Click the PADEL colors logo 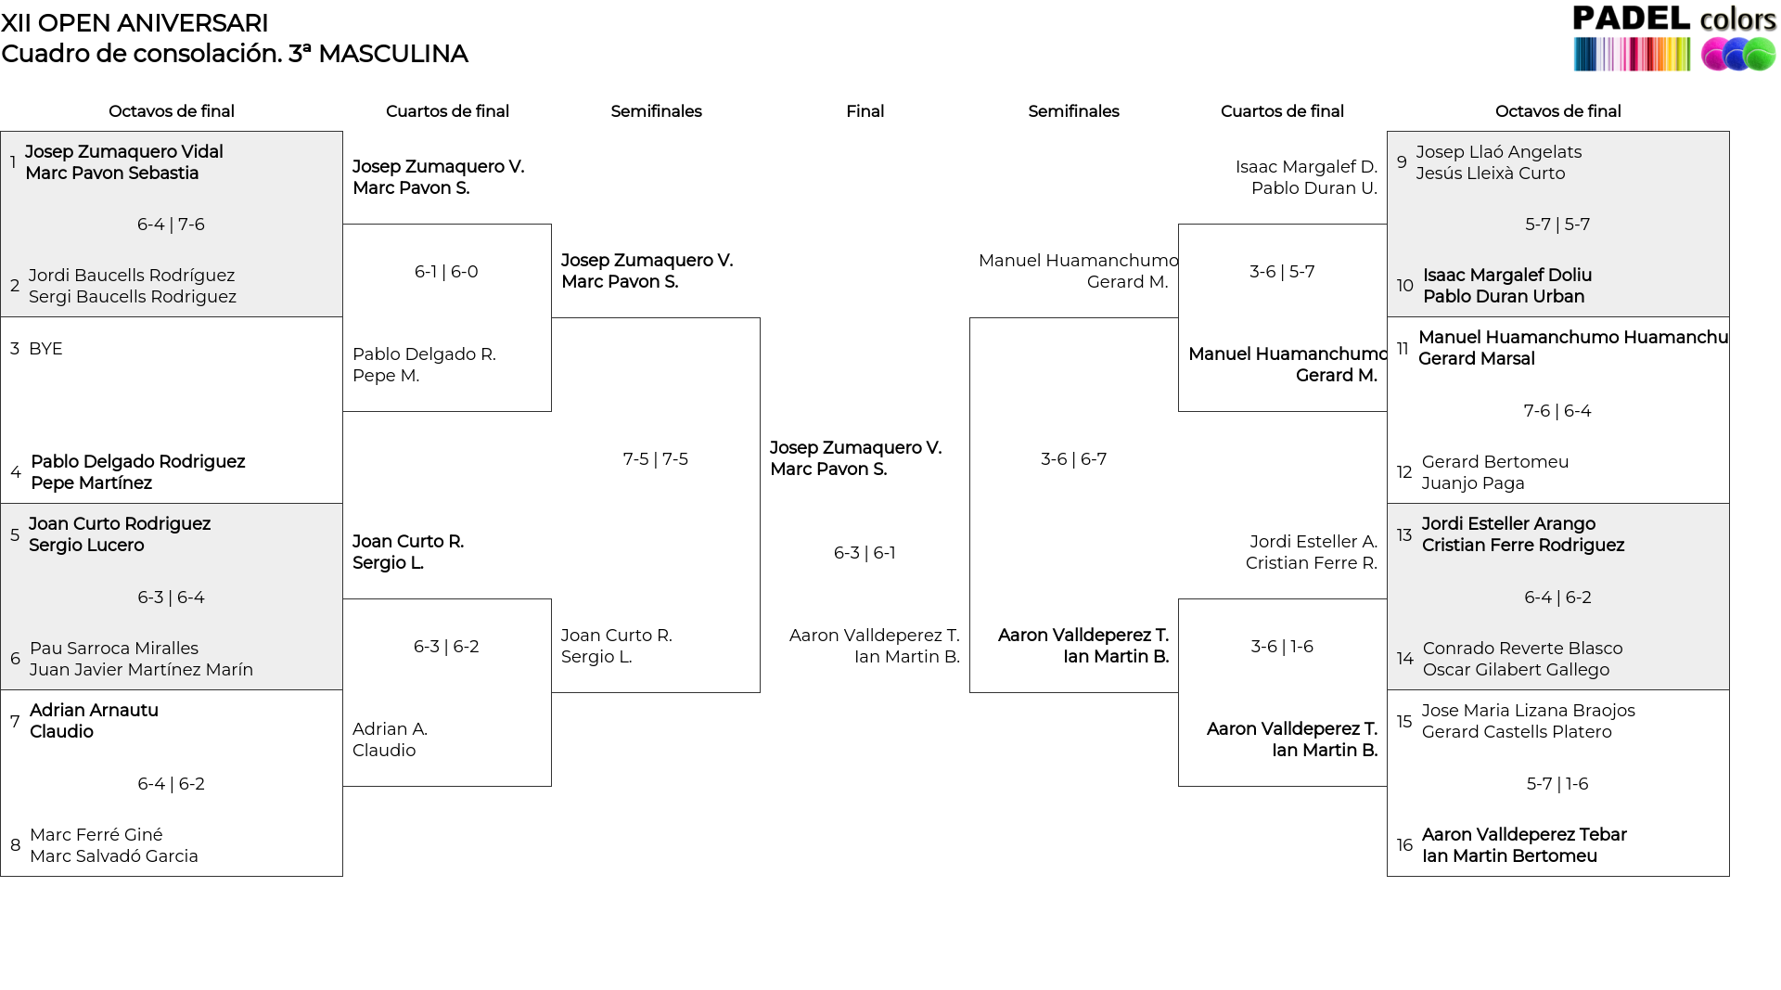pyautogui.click(x=1674, y=38)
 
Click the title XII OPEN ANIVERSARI pyautogui.click(x=135, y=23)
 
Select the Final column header pyautogui.click(x=865, y=111)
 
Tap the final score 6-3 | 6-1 pyautogui.click(x=865, y=553)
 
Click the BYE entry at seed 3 pyautogui.click(x=45, y=349)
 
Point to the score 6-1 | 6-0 pyautogui.click(x=446, y=272)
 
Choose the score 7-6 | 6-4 pyautogui.click(x=1557, y=411)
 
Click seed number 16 pyautogui.click(x=1404, y=845)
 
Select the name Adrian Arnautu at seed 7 pyautogui.click(x=94, y=711)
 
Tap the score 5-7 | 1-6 pyautogui.click(x=1557, y=784)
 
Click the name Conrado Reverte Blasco pyautogui.click(x=1522, y=649)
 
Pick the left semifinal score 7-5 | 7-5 pyautogui.click(x=656, y=459)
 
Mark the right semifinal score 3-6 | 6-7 pyautogui.click(x=1073, y=459)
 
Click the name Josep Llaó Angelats pyautogui.click(x=1498, y=152)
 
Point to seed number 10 pyautogui.click(x=1404, y=286)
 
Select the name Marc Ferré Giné pyautogui.click(x=96, y=835)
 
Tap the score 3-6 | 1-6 pyautogui.click(x=1282, y=647)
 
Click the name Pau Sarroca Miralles pyautogui.click(x=113, y=649)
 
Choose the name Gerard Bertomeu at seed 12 pyautogui.click(x=1494, y=462)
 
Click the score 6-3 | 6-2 pyautogui.click(x=446, y=647)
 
